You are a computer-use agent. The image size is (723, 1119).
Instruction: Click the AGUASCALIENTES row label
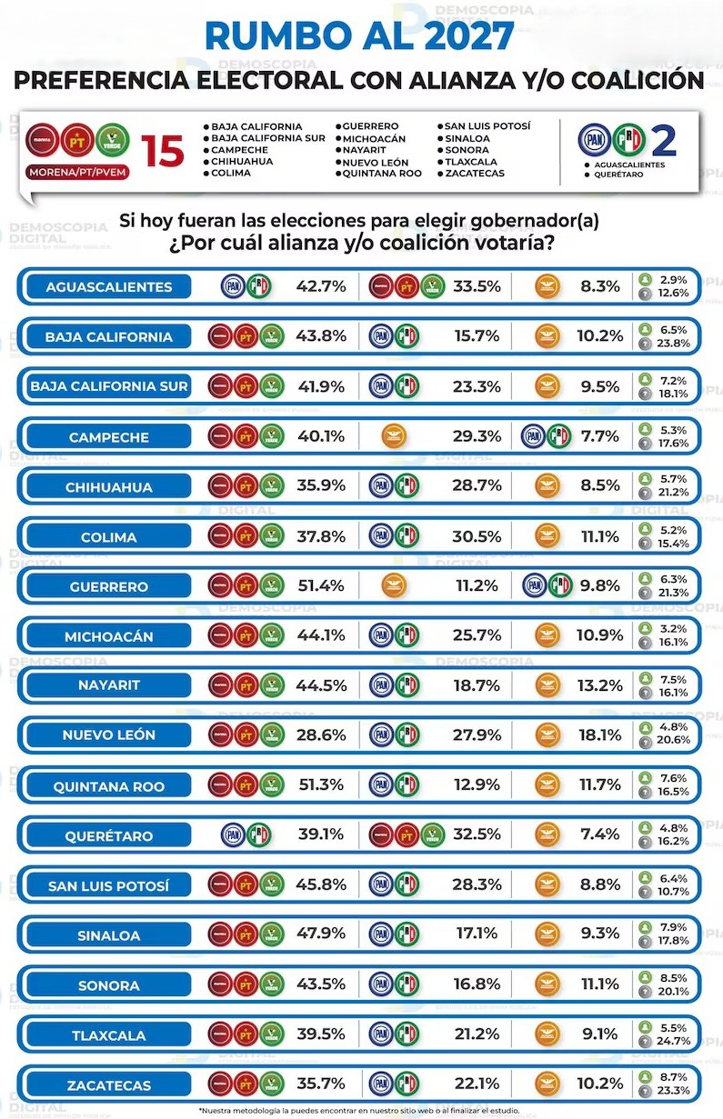[108, 287]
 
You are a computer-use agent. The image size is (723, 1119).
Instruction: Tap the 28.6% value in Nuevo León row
[321, 735]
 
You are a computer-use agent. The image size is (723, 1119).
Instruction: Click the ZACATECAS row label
[108, 1084]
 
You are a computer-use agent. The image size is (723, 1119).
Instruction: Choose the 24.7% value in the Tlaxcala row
[675, 1041]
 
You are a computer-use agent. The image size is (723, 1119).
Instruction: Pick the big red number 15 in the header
[164, 150]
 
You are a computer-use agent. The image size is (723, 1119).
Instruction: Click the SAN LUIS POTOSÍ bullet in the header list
[486, 126]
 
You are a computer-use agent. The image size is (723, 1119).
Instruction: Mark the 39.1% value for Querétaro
[321, 835]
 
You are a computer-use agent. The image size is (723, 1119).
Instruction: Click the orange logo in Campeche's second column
[394, 436]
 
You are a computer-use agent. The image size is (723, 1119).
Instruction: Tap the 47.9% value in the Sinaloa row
[321, 934]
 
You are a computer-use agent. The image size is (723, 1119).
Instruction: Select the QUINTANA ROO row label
[108, 786]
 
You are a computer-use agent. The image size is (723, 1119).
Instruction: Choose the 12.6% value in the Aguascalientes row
[675, 294]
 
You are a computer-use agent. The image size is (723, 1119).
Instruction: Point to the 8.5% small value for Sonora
[675, 978]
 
